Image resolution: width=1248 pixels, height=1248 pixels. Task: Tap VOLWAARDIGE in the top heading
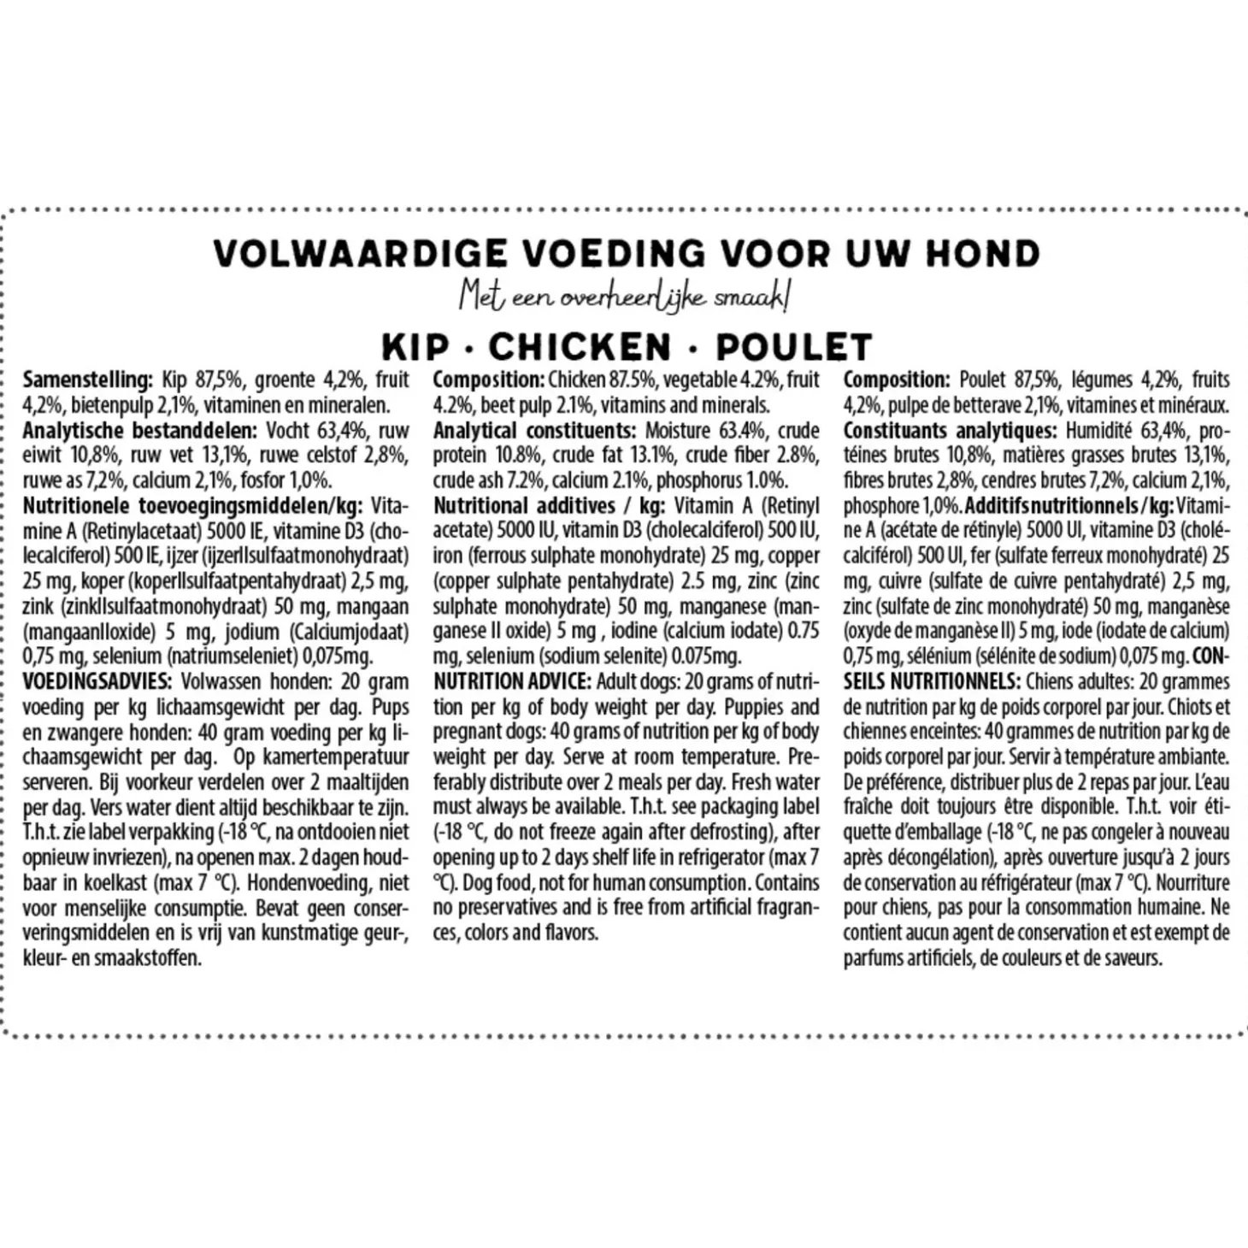[362, 253]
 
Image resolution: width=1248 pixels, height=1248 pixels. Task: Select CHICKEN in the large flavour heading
[580, 347]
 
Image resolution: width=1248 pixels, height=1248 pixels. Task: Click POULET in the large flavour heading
[794, 347]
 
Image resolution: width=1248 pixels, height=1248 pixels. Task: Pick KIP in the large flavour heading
[415, 347]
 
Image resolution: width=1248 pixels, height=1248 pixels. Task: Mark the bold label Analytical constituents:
[533, 431]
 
